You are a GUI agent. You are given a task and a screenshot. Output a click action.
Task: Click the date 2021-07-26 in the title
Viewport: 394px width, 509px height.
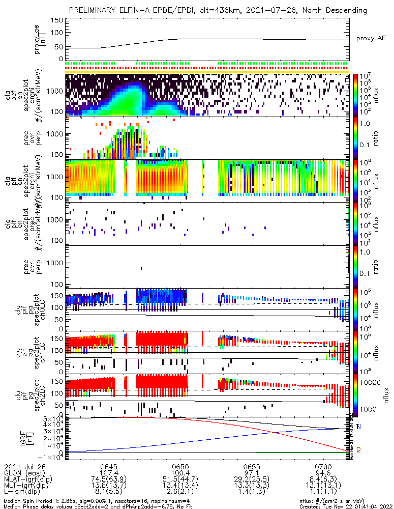[270, 10]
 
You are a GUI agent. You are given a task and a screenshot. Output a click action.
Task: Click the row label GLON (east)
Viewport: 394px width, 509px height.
[22, 473]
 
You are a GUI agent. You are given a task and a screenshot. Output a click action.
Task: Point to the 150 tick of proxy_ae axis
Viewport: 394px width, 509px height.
[57, 20]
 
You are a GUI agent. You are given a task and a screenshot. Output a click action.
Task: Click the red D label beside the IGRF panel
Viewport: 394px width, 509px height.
[358, 450]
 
